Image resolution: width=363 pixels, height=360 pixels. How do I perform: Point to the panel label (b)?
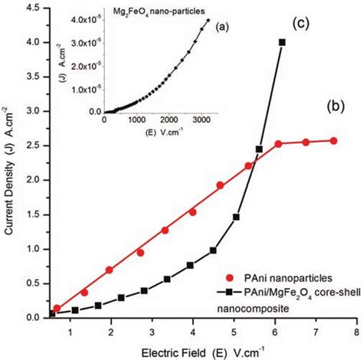342,104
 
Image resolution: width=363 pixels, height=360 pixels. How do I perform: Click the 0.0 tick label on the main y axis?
32,317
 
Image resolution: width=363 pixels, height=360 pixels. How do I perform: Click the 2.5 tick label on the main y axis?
32,146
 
